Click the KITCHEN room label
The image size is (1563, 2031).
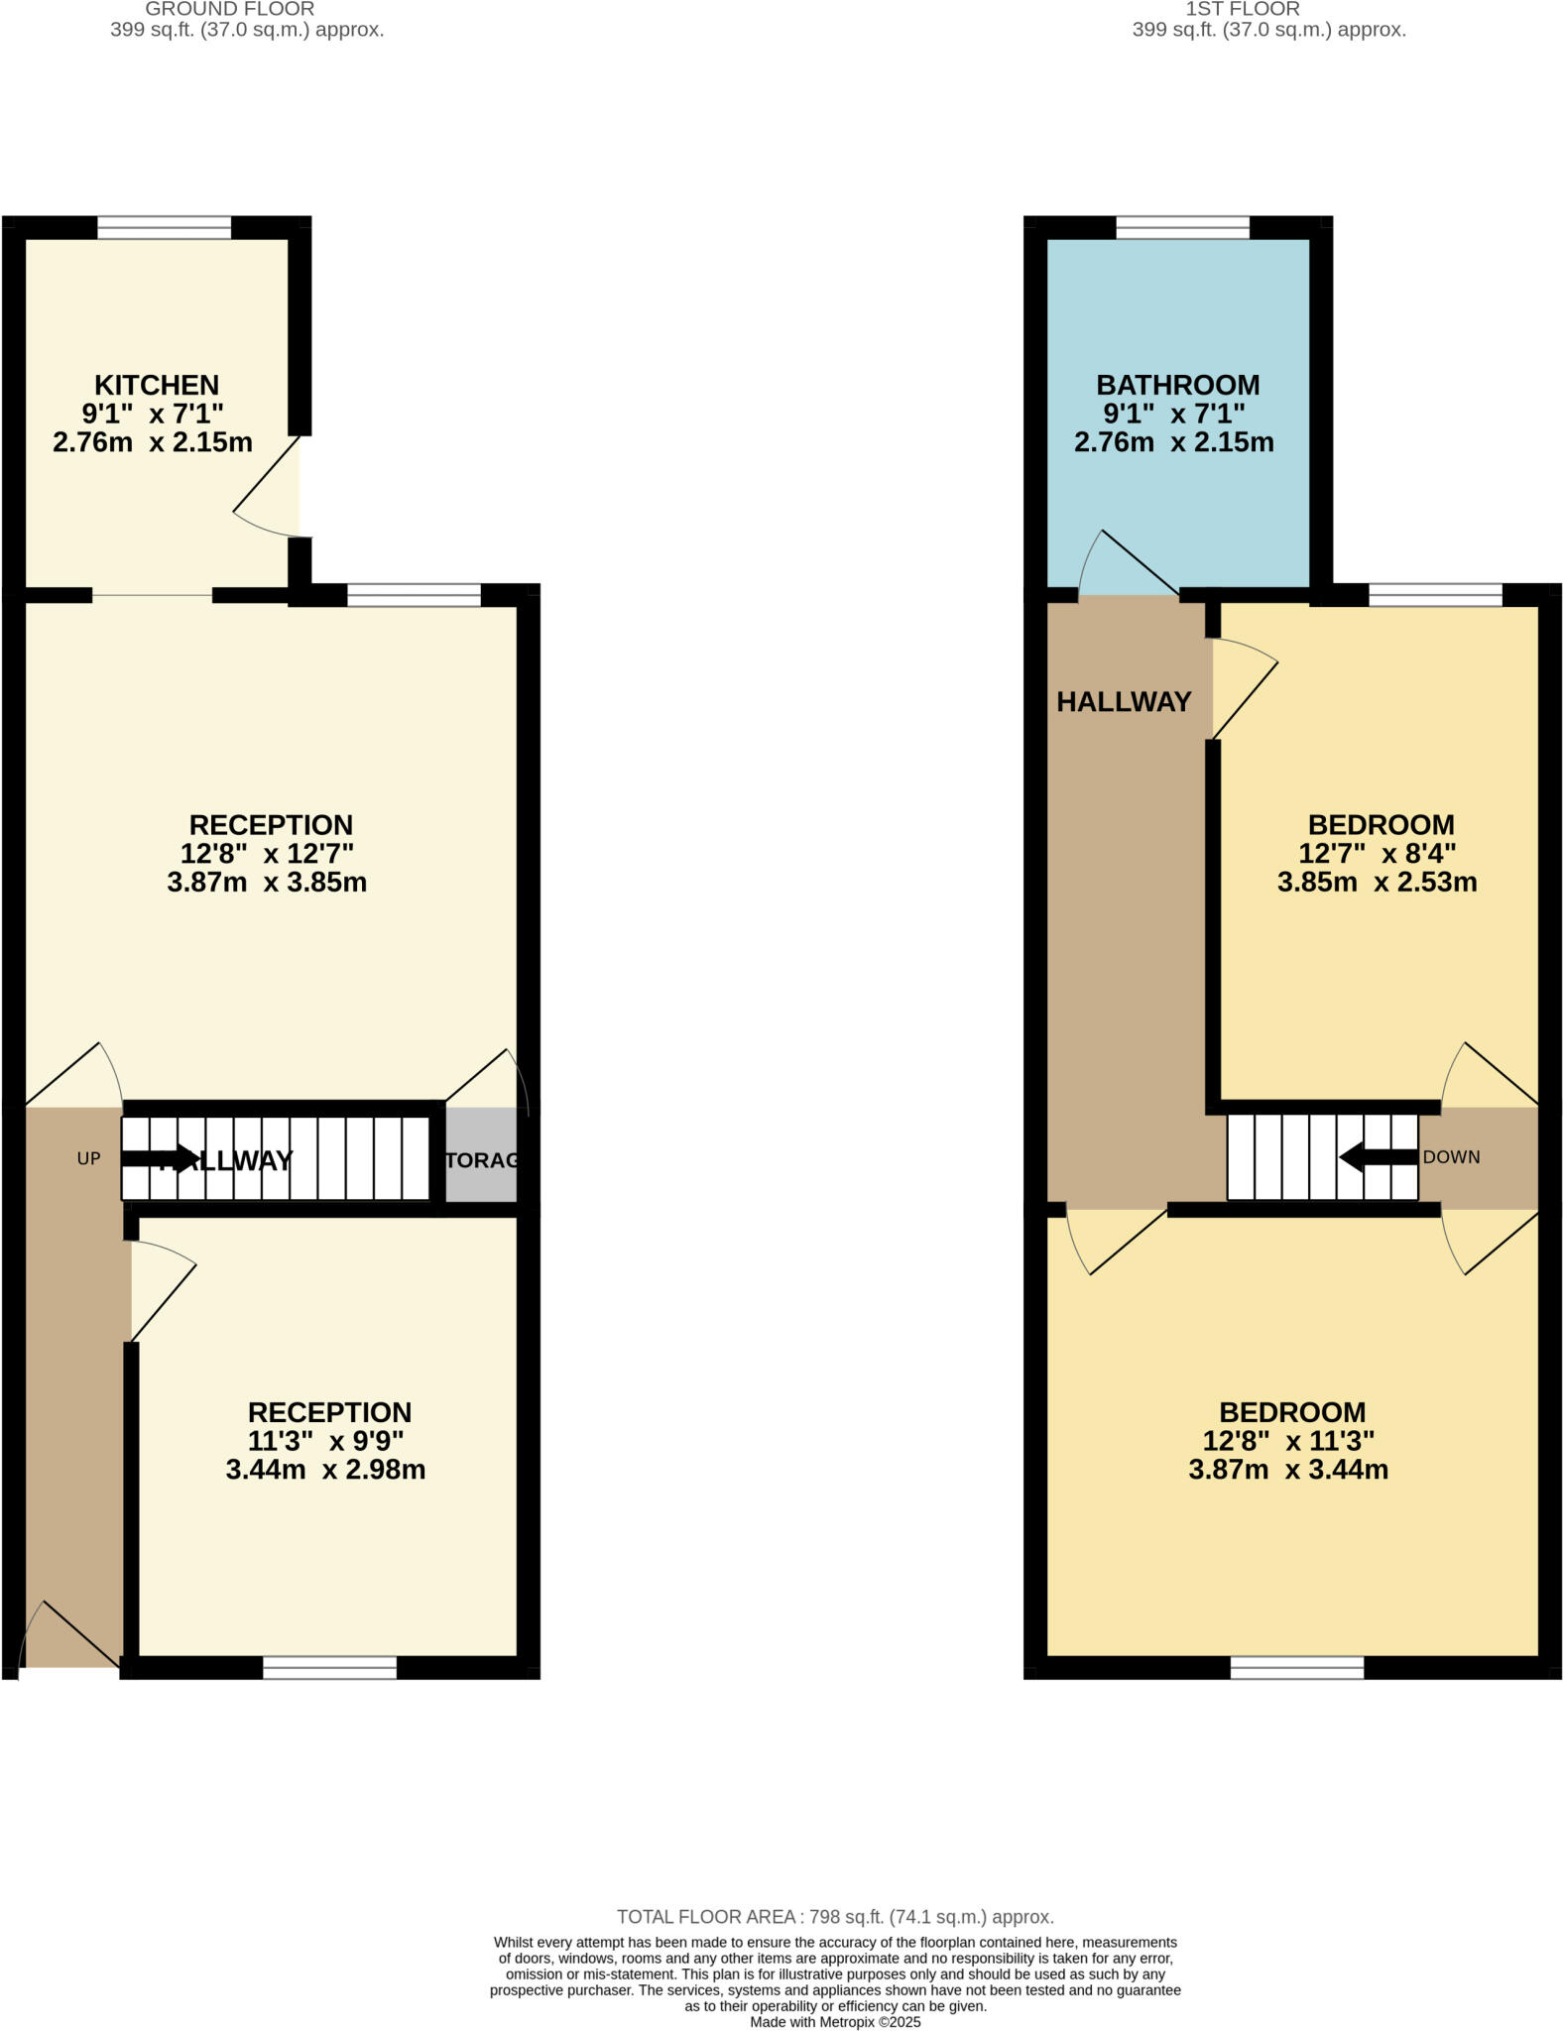click(x=157, y=385)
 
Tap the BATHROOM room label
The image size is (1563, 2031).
click(x=1177, y=385)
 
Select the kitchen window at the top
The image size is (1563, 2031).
click(x=164, y=228)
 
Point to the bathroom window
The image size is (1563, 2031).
click(x=1182, y=228)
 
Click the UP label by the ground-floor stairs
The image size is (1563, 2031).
click(x=89, y=1158)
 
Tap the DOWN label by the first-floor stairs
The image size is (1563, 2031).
click(x=1451, y=1157)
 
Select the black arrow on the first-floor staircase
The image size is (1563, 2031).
click(x=1378, y=1157)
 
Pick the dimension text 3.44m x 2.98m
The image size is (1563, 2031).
click(x=325, y=1470)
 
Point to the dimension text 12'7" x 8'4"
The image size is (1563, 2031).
click(x=1377, y=853)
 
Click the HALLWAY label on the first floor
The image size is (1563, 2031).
click(x=1124, y=702)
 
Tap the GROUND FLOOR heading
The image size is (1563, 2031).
click(x=230, y=9)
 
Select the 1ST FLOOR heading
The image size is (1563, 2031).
click(x=1243, y=9)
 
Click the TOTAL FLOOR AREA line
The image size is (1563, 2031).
click(x=835, y=1917)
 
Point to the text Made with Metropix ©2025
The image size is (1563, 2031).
click(x=835, y=2022)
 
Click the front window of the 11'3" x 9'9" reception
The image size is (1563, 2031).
click(x=329, y=1668)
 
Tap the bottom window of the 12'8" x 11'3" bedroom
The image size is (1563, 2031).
click(x=1296, y=1668)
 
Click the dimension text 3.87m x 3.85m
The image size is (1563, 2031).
click(x=267, y=883)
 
